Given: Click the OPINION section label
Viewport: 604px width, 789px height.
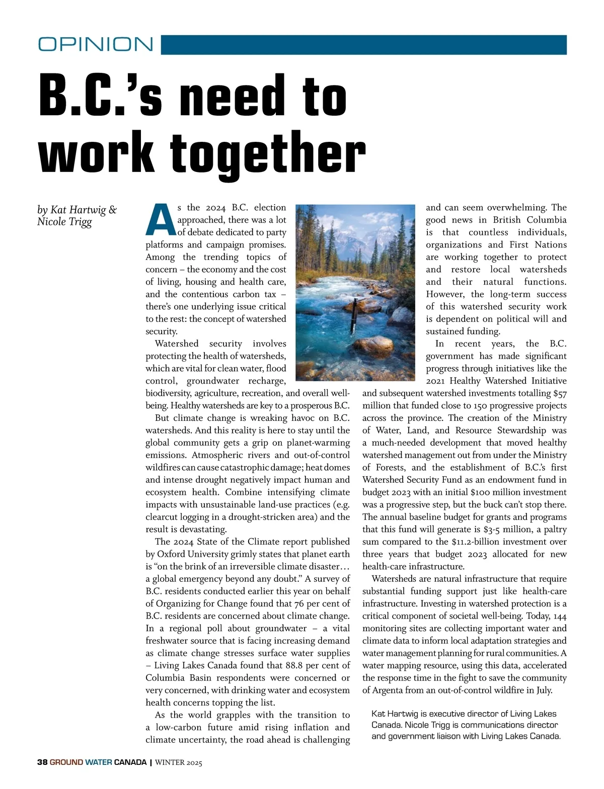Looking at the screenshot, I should pos(96,44).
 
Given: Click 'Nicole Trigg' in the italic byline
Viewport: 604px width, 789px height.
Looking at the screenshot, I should pos(64,222).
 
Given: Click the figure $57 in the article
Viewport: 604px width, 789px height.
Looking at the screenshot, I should pos(559,394).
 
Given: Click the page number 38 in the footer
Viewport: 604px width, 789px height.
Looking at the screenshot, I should pos(42,762).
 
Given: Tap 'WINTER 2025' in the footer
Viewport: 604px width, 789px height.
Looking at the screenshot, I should pos(179,762).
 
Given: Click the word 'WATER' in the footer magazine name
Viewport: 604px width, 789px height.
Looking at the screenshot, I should pos(99,762).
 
